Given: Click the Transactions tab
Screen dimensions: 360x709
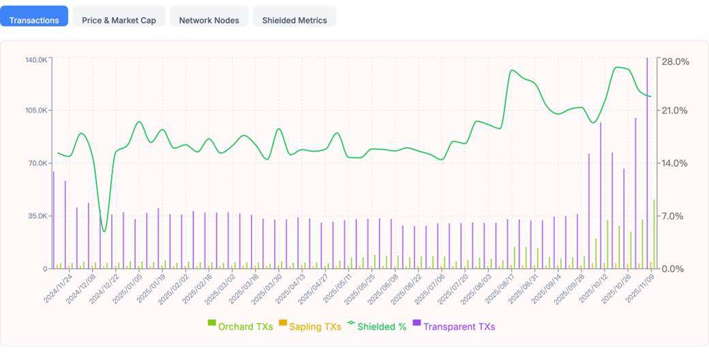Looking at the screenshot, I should tap(34, 20).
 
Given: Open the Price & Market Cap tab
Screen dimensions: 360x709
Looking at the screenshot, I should tap(119, 20).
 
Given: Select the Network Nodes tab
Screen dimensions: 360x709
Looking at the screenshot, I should tap(209, 20).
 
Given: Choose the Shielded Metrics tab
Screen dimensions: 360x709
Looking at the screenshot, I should tap(295, 20).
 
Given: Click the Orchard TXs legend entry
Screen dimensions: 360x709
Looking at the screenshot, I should tap(240, 327).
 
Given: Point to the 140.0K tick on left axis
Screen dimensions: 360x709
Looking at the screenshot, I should tap(36, 60).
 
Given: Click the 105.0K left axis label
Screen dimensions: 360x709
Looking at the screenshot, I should tap(36, 110).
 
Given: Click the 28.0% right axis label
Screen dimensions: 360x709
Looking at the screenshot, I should tap(676, 61).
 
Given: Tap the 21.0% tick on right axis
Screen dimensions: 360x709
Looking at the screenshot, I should tap(676, 110).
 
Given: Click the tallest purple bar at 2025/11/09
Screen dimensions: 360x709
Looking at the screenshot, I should tap(647, 164).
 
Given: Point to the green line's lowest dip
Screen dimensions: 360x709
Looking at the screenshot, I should tap(104, 231).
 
